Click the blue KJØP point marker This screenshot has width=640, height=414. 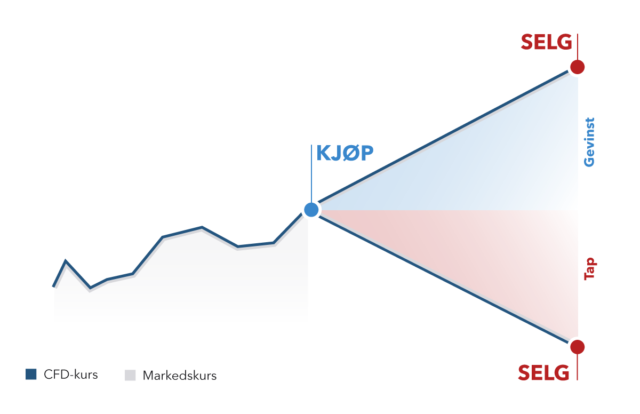click(x=311, y=210)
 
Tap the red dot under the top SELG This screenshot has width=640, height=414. click(x=577, y=67)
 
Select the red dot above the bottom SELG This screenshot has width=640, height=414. click(x=577, y=347)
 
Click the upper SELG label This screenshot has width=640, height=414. click(x=546, y=42)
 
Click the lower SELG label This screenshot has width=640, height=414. click(x=543, y=372)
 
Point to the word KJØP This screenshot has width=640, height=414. click(x=345, y=153)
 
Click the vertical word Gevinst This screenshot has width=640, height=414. click(x=589, y=142)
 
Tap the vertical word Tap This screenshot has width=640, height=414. click(x=590, y=269)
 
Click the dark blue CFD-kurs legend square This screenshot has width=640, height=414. click(x=31, y=375)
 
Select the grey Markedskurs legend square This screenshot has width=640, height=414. click(x=130, y=375)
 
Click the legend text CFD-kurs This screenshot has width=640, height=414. click(x=70, y=375)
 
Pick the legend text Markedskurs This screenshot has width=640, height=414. click(x=179, y=376)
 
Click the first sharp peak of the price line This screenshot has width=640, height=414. click(x=66, y=260)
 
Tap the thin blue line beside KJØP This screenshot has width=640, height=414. click(x=311, y=173)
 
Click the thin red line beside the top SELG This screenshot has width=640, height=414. click(x=578, y=46)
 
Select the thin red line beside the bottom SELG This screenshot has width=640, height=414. click(x=578, y=368)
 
